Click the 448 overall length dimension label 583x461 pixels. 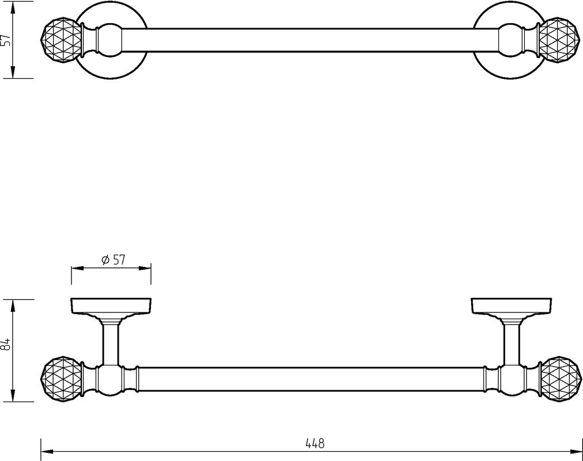315,443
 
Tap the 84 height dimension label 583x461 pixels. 5,344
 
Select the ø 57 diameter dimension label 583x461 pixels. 113,260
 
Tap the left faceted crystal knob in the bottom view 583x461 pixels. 61,379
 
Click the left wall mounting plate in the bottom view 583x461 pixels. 111,305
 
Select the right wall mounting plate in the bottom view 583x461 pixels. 511,305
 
